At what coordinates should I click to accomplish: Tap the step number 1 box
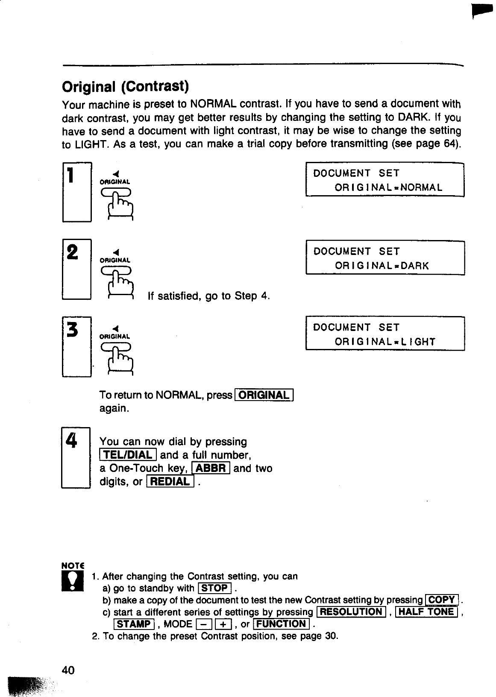[77, 192]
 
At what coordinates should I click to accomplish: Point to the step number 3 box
[77, 346]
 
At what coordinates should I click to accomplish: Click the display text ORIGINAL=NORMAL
[388, 187]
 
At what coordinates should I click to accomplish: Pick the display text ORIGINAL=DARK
[382, 266]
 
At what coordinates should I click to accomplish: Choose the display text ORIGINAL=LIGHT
[385, 342]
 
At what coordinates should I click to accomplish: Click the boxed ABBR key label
[211, 469]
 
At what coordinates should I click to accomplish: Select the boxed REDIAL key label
[170, 482]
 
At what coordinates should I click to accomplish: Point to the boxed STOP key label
[215, 588]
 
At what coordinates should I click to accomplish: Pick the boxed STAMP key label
[134, 624]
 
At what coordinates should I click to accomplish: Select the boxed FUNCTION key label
[282, 624]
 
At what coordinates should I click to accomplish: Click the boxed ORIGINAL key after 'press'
[264, 395]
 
